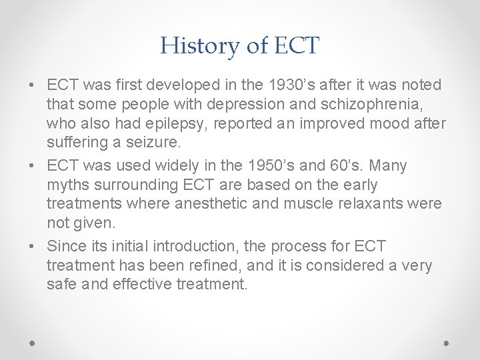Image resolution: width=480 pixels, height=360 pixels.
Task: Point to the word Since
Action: pyautogui.click(x=66, y=247)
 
